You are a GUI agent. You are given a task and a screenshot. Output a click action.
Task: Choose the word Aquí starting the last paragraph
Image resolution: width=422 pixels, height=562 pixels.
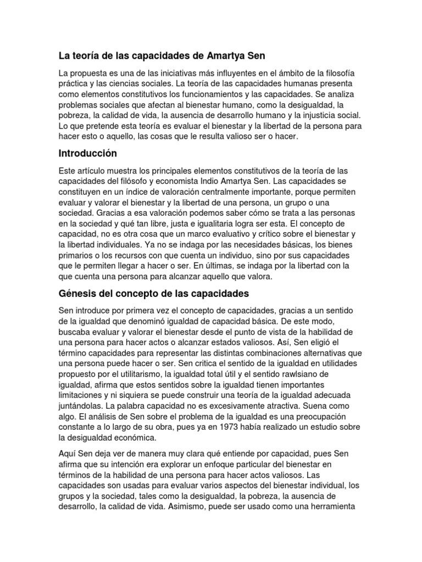pos(69,453)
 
